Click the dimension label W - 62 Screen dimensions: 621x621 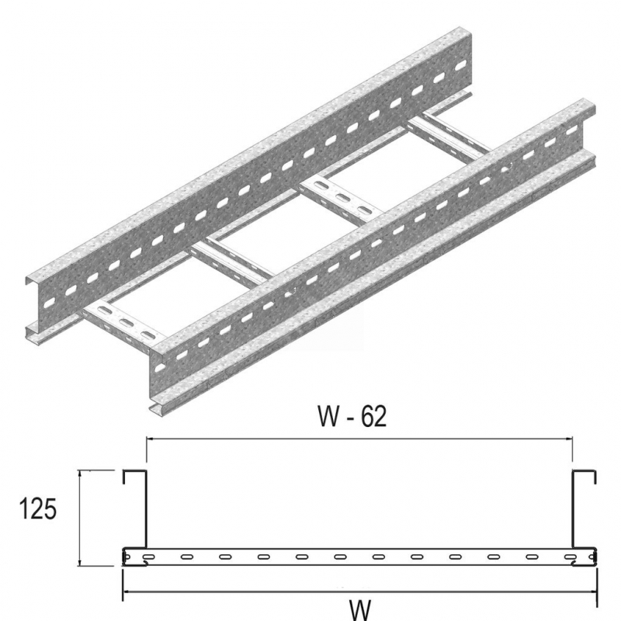pyautogui.click(x=352, y=416)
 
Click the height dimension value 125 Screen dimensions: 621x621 pyautogui.click(x=38, y=509)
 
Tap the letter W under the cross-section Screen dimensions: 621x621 pyautogui.click(x=360, y=610)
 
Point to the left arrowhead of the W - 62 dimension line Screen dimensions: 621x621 pyautogui.click(x=151, y=439)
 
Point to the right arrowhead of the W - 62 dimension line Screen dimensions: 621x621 pyautogui.click(x=568, y=439)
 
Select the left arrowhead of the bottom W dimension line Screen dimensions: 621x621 pyautogui.click(x=127, y=592)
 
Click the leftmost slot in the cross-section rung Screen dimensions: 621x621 pyautogui.click(x=149, y=557)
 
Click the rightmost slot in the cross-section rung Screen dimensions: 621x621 pyautogui.click(x=571, y=557)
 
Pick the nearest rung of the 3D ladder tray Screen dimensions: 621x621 pyautogui.click(x=123, y=324)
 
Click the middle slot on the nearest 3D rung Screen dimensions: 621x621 pyautogui.click(x=126, y=323)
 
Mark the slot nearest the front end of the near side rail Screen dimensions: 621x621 pyautogui.click(x=160, y=368)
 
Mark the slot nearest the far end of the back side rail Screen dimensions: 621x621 pyautogui.click(x=460, y=67)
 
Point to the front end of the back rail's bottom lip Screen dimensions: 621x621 pyautogui.click(x=29, y=334)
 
